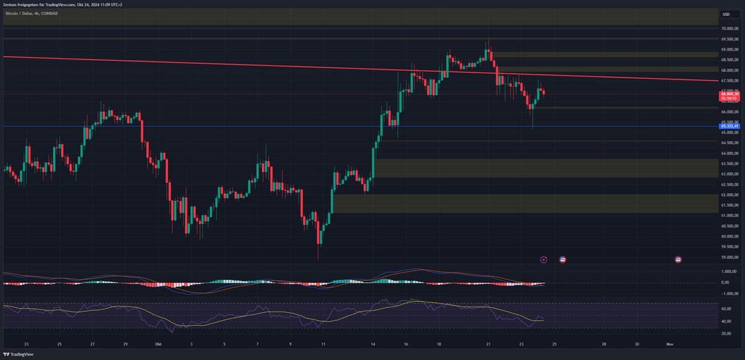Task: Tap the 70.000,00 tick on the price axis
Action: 729,29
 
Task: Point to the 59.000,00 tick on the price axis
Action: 729,257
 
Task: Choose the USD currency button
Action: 726,14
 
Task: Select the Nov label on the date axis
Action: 669,343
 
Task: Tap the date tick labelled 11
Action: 323,343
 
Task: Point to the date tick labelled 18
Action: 439,343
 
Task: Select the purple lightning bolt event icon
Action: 544,259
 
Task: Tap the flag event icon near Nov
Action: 678,259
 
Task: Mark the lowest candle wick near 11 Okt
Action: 319,259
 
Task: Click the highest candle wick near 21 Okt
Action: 489,40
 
